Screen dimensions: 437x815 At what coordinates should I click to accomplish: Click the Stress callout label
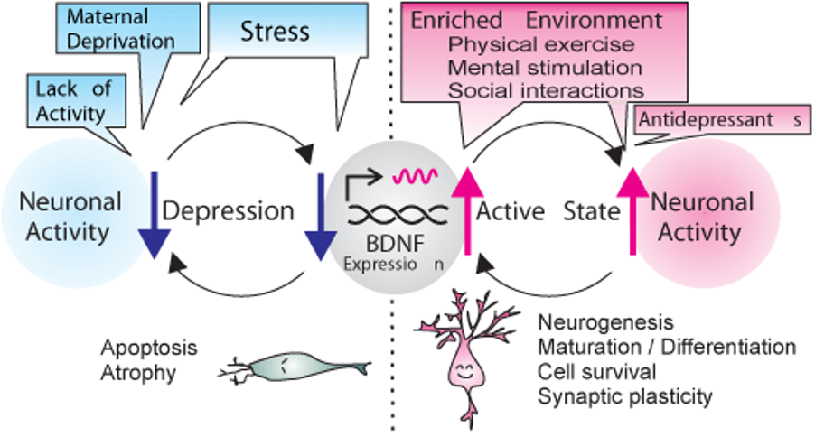point(275,32)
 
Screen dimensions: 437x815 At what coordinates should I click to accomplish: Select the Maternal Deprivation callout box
point(121,28)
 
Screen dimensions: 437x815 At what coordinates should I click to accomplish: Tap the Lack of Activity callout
point(70,100)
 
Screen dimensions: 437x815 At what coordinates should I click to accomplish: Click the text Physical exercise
point(541,44)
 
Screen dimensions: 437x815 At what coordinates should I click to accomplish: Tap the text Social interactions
point(546,90)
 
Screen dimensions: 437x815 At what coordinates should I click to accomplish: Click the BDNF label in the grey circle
point(398,244)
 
